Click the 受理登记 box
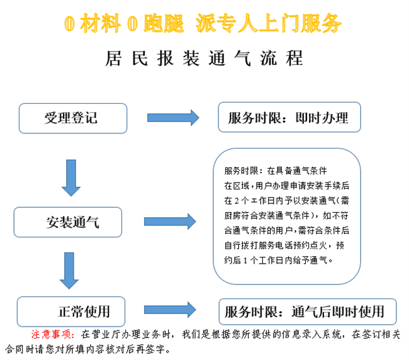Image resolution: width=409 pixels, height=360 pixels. pos(72,118)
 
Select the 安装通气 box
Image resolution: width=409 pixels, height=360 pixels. pos(68,222)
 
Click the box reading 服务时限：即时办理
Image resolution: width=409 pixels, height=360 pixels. pos(289,118)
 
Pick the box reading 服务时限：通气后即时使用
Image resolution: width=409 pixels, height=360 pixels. pos(308,312)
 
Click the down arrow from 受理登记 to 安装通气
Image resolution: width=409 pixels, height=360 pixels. pos(70,177)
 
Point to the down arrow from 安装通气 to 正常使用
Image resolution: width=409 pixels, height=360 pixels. pos(70,269)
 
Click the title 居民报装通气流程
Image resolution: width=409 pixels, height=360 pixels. pos(204,58)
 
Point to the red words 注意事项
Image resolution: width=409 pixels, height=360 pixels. pos(53,334)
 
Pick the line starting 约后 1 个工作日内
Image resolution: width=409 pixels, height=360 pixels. pos(277,259)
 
